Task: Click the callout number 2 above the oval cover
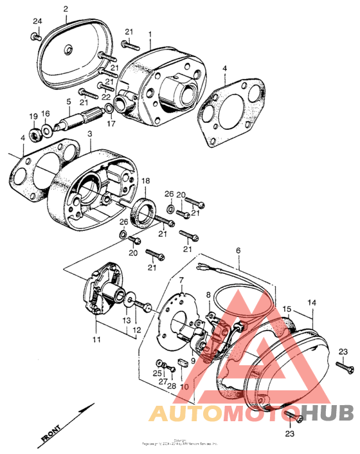[x=66, y=8]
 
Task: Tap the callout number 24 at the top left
[x=37, y=21]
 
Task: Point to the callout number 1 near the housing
[x=150, y=33]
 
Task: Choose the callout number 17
[x=111, y=123]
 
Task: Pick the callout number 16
[x=46, y=113]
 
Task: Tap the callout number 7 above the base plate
[x=181, y=280]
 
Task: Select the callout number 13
[x=127, y=320]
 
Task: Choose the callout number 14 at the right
[x=312, y=302]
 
